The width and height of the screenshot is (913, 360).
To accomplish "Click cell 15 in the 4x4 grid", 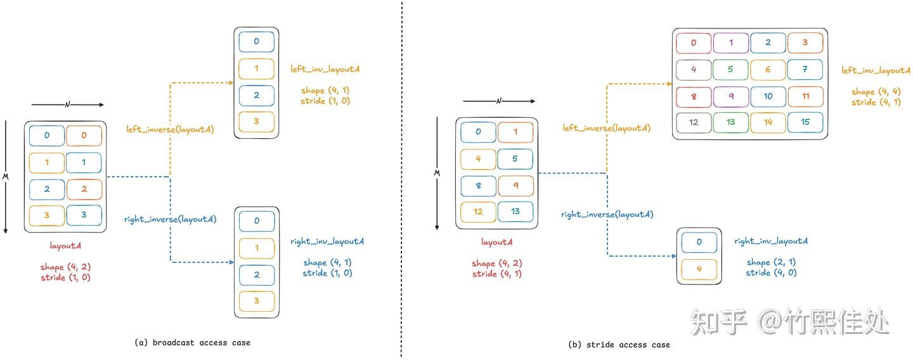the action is pyautogui.click(x=805, y=122).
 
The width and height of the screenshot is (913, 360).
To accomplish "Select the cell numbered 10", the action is pyautogui.click(x=768, y=96).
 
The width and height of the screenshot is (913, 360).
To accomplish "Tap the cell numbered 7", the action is pyautogui.click(x=805, y=70).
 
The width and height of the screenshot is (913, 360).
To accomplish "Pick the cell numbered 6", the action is pyautogui.click(x=768, y=70).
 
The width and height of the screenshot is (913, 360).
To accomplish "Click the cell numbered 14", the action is pyautogui.click(x=768, y=122).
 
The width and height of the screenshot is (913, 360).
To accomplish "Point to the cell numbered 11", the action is pyautogui.click(x=805, y=96).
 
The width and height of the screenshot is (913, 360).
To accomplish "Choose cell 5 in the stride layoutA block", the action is pyautogui.click(x=515, y=159).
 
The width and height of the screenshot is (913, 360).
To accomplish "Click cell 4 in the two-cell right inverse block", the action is pyautogui.click(x=699, y=269).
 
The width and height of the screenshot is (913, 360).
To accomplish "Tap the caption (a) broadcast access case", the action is pyautogui.click(x=192, y=343).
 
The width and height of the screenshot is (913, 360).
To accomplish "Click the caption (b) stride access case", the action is pyautogui.click(x=619, y=345).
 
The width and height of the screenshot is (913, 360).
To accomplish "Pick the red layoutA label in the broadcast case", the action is pyautogui.click(x=65, y=246).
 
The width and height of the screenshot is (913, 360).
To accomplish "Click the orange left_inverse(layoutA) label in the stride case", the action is pyautogui.click(x=607, y=128).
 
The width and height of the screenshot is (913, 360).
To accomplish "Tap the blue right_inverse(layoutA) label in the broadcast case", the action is pyautogui.click(x=171, y=219).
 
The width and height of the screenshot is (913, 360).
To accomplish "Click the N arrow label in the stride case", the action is pyautogui.click(x=499, y=101).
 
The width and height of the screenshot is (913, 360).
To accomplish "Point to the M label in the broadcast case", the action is pyautogui.click(x=6, y=177).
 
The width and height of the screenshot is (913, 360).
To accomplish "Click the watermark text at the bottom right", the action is pyautogui.click(x=789, y=322).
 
